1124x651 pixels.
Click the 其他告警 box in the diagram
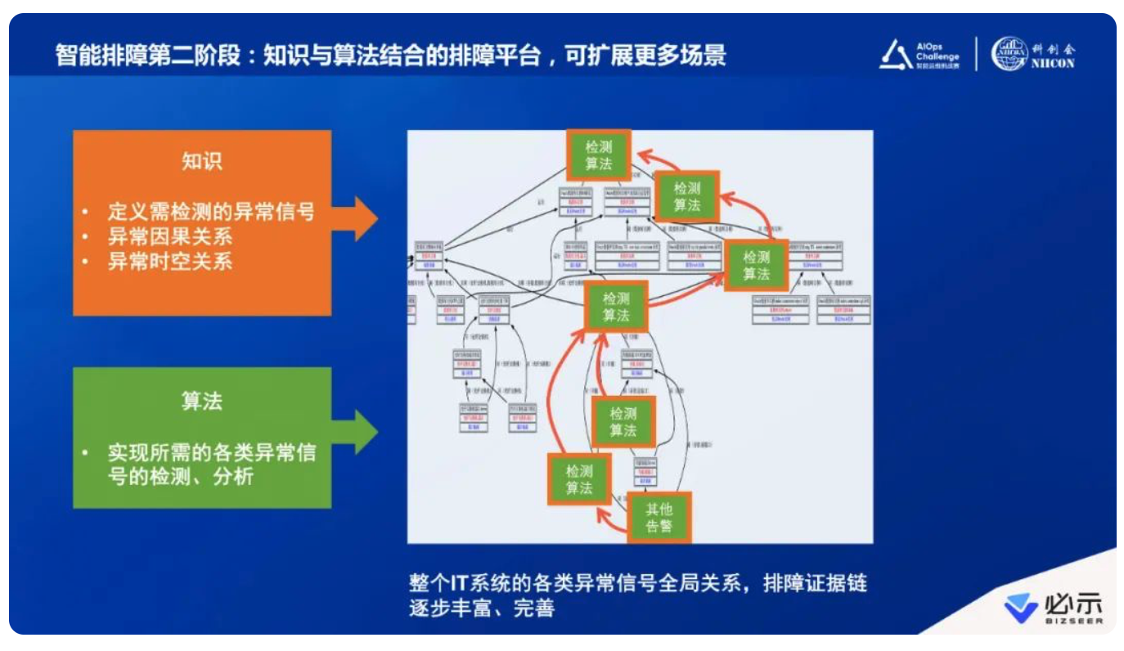(659, 517)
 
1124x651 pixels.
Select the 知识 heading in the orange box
(202, 161)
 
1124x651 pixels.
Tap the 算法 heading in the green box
(202, 402)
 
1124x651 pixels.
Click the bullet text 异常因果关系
(170, 237)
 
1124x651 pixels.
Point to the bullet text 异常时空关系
(170, 262)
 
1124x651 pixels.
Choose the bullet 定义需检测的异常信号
(211, 212)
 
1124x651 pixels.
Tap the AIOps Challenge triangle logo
(897, 54)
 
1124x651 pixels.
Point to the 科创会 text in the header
(1054, 48)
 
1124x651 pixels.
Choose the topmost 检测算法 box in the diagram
(599, 155)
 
